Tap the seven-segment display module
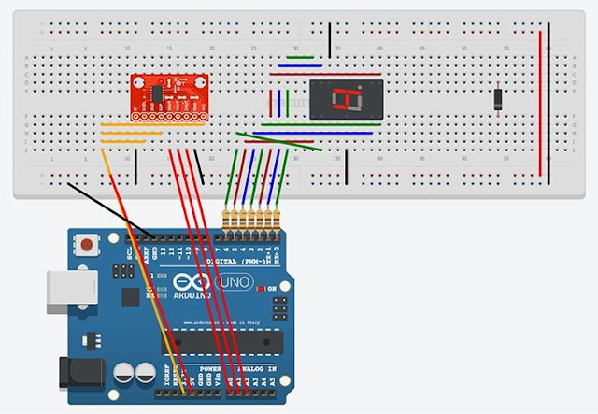coord(348,100)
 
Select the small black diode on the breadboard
coord(499,98)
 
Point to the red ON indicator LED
coord(265,290)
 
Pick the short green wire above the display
coord(300,57)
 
